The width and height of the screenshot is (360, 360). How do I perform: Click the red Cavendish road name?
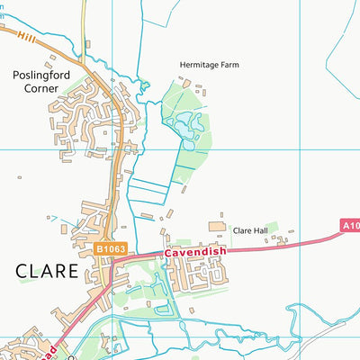[193, 254]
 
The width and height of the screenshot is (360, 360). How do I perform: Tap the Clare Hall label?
[251, 230]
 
